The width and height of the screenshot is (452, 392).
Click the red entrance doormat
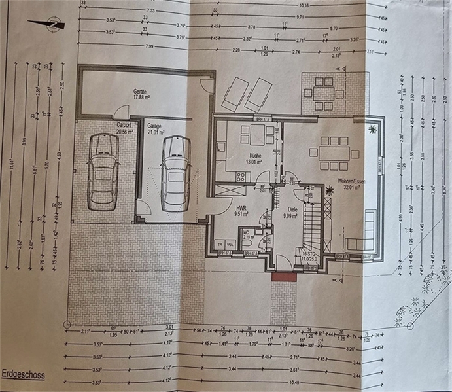tap(284, 277)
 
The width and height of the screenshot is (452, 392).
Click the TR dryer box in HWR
tap(220, 244)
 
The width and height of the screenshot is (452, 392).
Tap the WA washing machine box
tap(230, 244)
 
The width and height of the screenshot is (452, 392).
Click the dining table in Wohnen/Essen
tap(334, 152)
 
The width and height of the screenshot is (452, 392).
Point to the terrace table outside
tap(324, 92)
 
